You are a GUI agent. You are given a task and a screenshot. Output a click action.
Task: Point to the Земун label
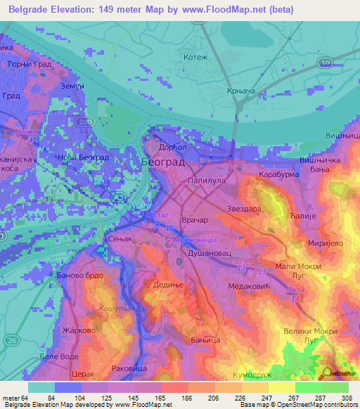pyautogui.click(x=72, y=85)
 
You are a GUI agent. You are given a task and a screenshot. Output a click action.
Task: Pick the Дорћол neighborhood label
pyautogui.click(x=169, y=146)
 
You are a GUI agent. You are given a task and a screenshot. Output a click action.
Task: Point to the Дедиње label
pyautogui.click(x=168, y=285)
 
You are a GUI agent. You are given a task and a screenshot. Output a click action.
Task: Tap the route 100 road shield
pyautogui.click(x=85, y=123)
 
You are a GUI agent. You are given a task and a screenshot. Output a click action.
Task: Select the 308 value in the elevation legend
pyautogui.click(x=347, y=398)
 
